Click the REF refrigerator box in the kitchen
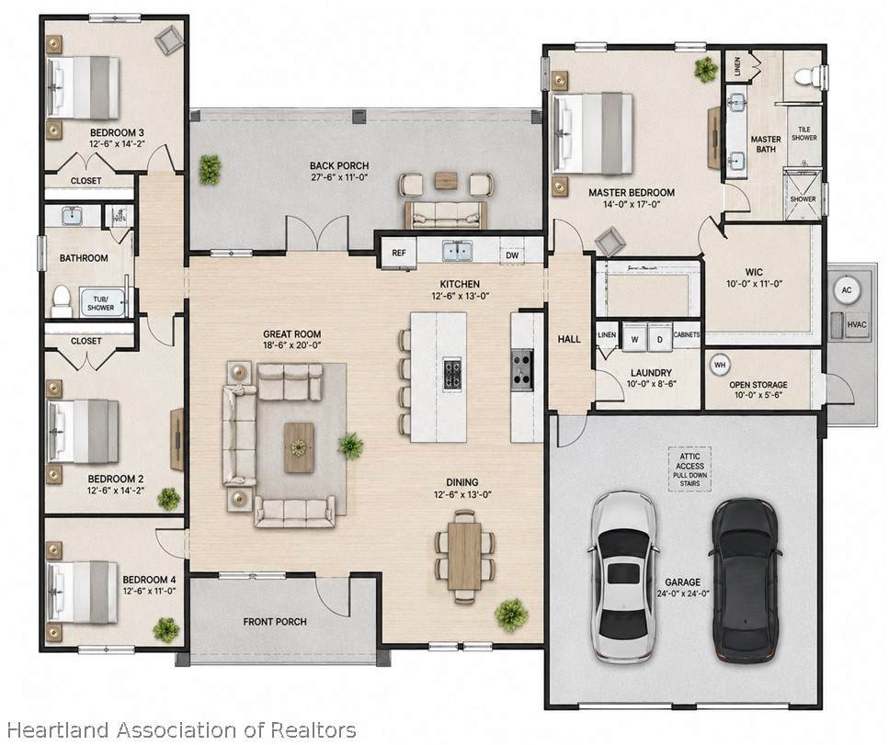[x=399, y=253]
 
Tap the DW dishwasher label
[x=512, y=255]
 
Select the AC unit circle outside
[x=846, y=290]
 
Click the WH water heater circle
[x=720, y=365]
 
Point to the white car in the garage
[x=623, y=576]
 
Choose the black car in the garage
[x=745, y=581]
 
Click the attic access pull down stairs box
[x=690, y=469]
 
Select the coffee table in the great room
[x=299, y=447]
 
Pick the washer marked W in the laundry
[x=634, y=339]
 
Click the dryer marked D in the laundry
[x=659, y=339]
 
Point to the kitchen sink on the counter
[x=458, y=251]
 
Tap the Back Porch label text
[x=339, y=165]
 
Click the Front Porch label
[x=275, y=622]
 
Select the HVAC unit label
[x=856, y=324]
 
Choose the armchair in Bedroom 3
[x=169, y=40]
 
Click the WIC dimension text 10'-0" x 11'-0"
[x=754, y=284]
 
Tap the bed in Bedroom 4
[x=82, y=592]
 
